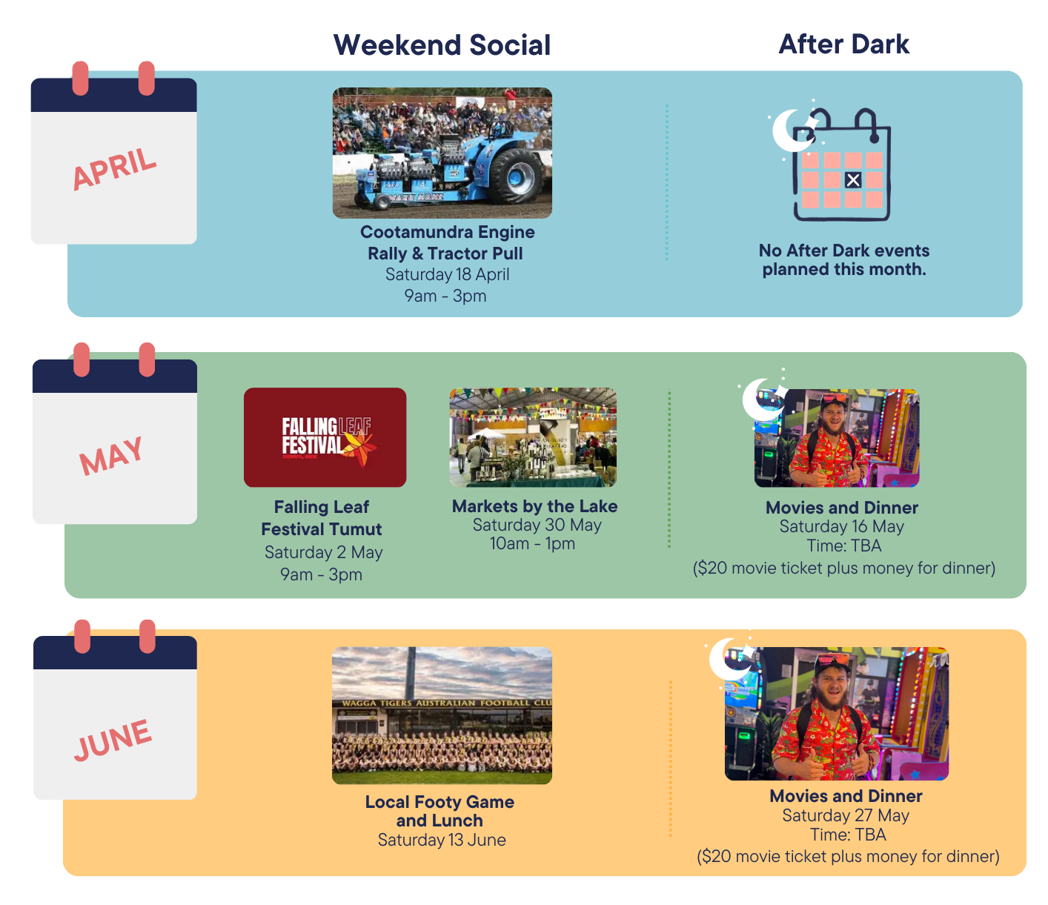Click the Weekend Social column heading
pyautogui.click(x=442, y=45)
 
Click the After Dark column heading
pyautogui.click(x=843, y=44)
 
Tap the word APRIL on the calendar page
pyautogui.click(x=114, y=169)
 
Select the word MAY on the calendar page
pyautogui.click(x=112, y=455)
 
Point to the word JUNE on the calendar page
pyautogui.click(x=113, y=739)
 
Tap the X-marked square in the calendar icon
pyautogui.click(x=853, y=180)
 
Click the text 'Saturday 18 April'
pyautogui.click(x=447, y=274)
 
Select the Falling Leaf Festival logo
pyautogui.click(x=325, y=437)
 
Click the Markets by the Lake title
pyautogui.click(x=534, y=506)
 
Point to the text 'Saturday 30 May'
pyautogui.click(x=537, y=525)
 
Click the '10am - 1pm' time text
pyautogui.click(x=532, y=543)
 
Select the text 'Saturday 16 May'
pyautogui.click(x=841, y=526)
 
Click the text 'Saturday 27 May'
pyautogui.click(x=845, y=815)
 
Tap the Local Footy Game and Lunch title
pyautogui.click(x=440, y=811)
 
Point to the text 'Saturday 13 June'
pyautogui.click(x=442, y=840)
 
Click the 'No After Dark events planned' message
pyautogui.click(x=843, y=259)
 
